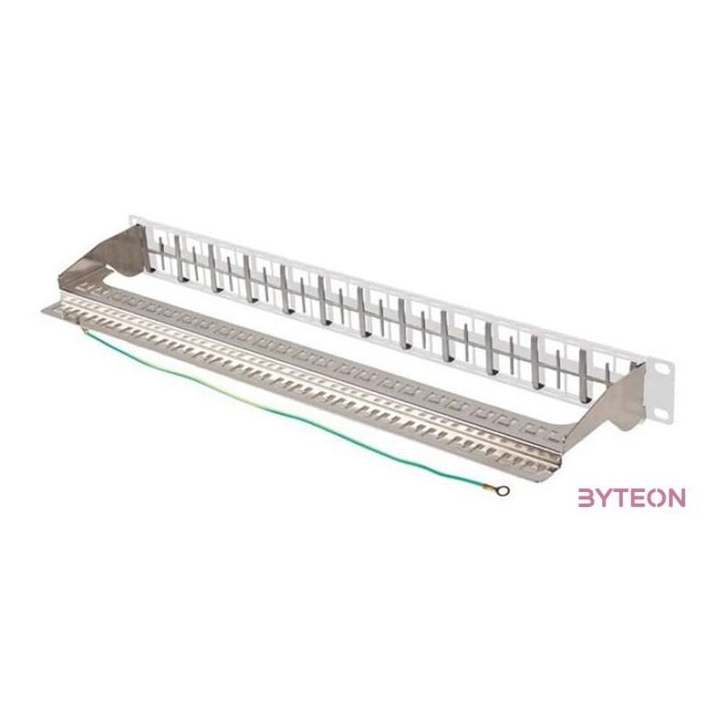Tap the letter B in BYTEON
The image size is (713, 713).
(588, 498)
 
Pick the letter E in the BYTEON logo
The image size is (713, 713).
(641, 498)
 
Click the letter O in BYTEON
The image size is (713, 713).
(658, 498)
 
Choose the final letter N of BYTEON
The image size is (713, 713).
(676, 498)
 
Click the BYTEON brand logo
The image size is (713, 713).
(632, 498)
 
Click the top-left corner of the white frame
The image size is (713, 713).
(132, 215)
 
